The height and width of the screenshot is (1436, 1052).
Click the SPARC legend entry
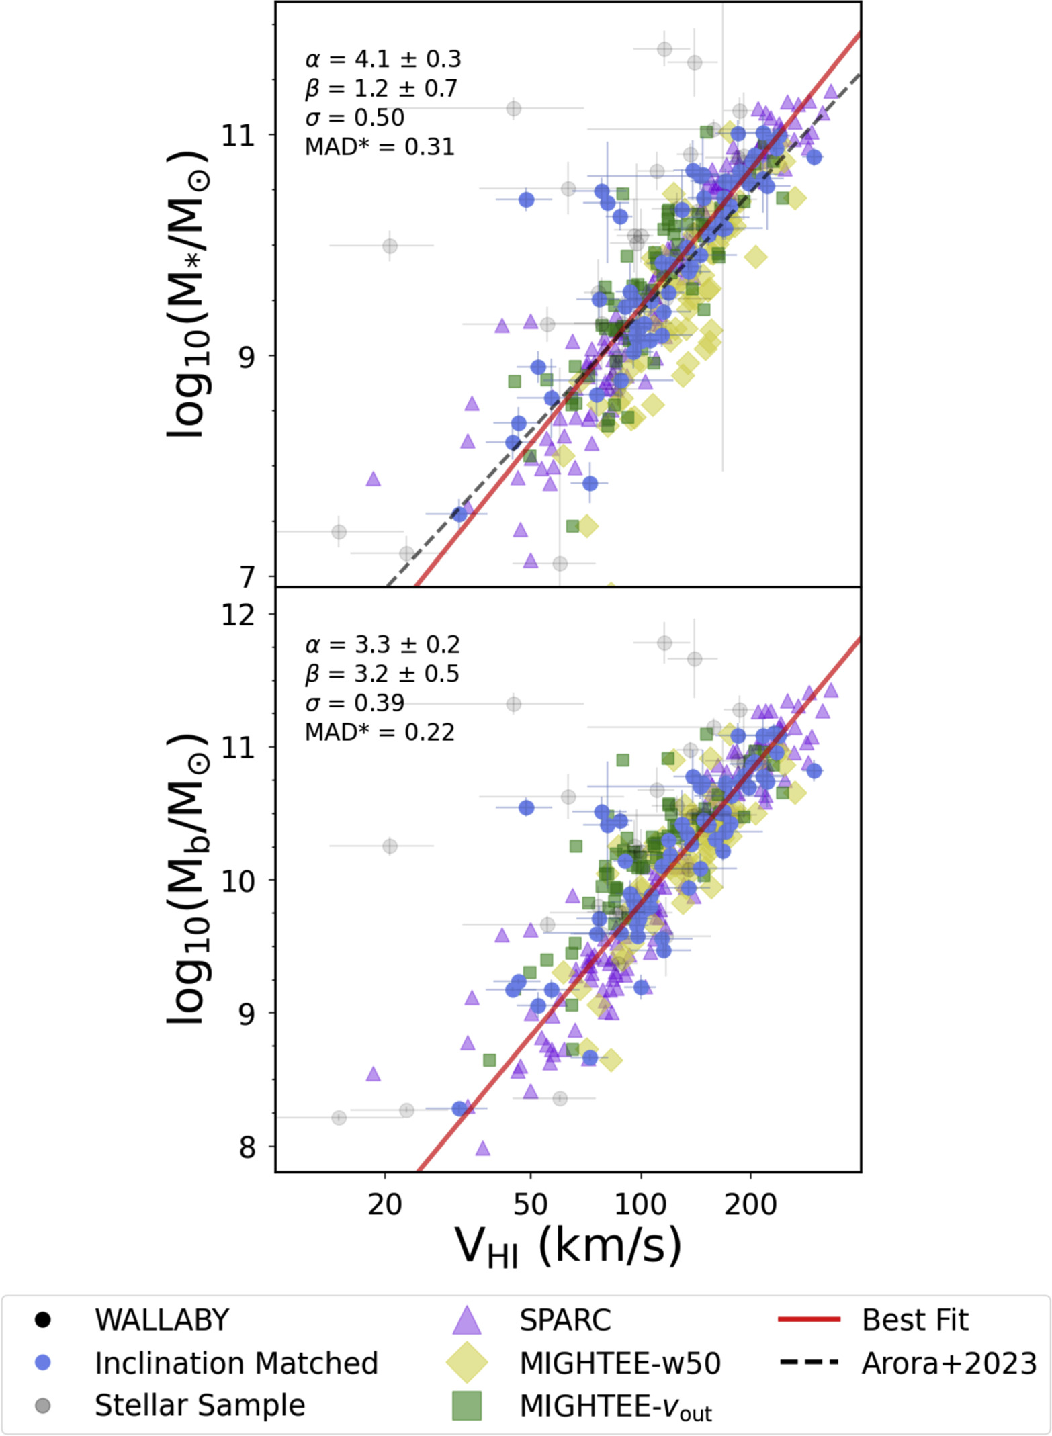click(x=564, y=1320)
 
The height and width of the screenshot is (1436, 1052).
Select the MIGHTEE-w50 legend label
click(x=619, y=1363)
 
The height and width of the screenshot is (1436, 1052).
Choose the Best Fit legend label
click(x=914, y=1320)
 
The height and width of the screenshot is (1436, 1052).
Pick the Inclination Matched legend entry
click(x=236, y=1363)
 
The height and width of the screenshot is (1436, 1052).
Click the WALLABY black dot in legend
click(x=43, y=1320)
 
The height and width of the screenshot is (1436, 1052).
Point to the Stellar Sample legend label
click(x=200, y=1405)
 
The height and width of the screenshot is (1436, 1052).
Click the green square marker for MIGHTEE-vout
click(x=467, y=1406)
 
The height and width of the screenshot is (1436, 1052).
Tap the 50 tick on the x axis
click(x=530, y=1205)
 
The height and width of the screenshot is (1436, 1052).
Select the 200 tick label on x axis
click(x=750, y=1205)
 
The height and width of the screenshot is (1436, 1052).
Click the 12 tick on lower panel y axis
click(x=238, y=614)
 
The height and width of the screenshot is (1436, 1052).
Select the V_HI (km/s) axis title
click(x=568, y=1247)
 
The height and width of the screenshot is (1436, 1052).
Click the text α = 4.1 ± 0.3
click(x=383, y=59)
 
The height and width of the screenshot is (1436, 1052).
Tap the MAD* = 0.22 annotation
click(x=380, y=732)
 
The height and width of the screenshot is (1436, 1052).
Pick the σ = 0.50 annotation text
click(x=355, y=118)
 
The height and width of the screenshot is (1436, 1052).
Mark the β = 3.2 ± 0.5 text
click(x=382, y=674)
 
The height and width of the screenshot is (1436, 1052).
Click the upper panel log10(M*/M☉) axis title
click(x=187, y=294)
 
